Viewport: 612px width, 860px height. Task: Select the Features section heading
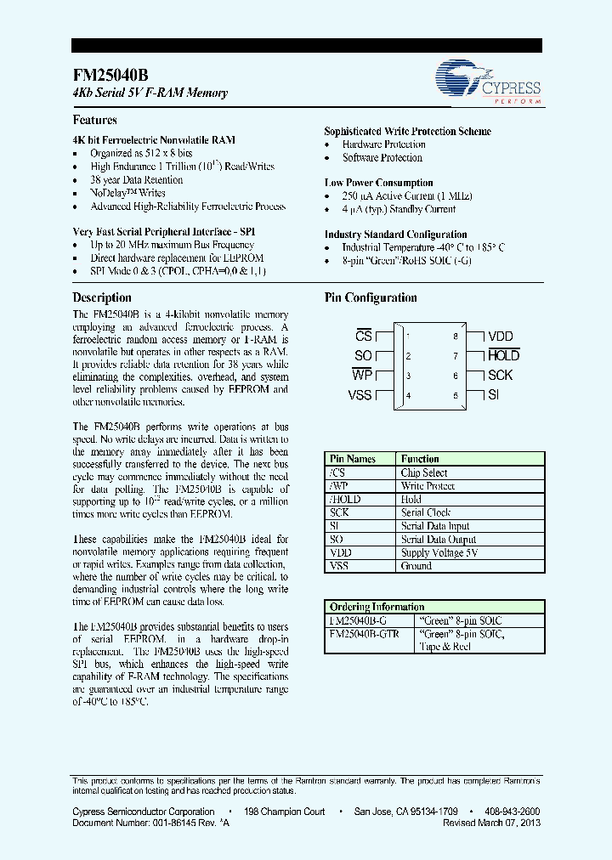coord(94,120)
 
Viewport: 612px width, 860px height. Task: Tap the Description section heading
coord(102,297)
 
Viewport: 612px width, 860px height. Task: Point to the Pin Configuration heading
coord(371,297)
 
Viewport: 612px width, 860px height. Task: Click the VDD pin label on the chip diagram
coord(500,337)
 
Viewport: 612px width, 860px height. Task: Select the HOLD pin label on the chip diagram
coord(503,356)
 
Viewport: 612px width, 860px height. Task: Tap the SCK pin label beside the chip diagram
coord(500,376)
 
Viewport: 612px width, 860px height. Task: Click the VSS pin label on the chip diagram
coord(360,395)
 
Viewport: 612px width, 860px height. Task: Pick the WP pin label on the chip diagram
coord(362,376)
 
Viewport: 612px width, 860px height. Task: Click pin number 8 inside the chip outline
coord(456,337)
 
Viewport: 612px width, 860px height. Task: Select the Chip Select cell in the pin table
coord(424,472)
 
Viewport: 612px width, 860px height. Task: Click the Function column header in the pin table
coord(420,459)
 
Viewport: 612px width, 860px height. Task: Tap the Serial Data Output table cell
coord(439,540)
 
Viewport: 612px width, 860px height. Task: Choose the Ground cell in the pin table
coord(416,566)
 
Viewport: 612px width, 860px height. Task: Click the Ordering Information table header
coord(376,607)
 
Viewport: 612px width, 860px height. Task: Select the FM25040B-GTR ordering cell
coord(364,633)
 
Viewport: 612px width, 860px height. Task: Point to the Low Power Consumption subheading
coord(378,183)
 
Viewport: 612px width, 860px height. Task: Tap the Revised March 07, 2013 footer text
coord(491,823)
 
